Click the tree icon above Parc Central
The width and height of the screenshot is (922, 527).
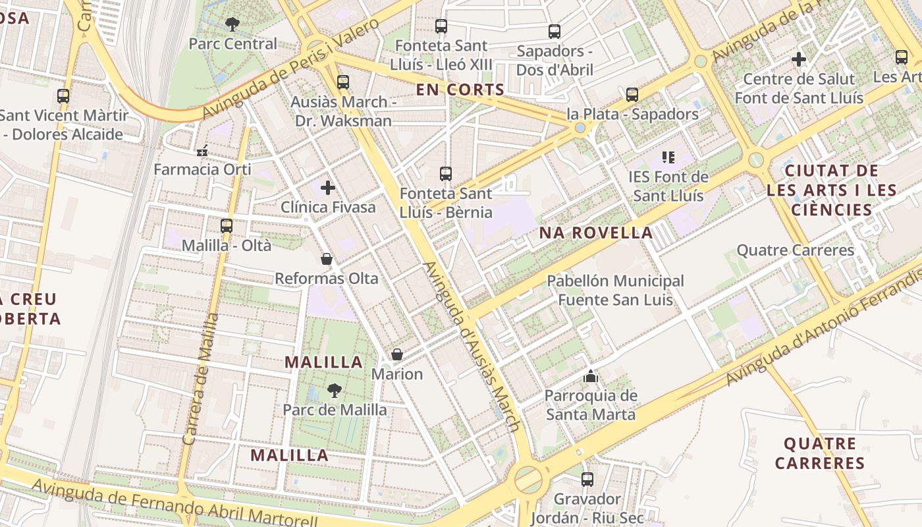pyautogui.click(x=232, y=24)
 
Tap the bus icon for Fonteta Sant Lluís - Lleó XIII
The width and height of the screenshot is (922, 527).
pyautogui.click(x=441, y=26)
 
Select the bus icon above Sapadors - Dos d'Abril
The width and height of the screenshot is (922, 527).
pyautogui.click(x=555, y=31)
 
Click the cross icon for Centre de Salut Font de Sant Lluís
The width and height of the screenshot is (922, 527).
pyautogui.click(x=799, y=59)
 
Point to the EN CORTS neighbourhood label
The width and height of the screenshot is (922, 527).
pyautogui.click(x=460, y=90)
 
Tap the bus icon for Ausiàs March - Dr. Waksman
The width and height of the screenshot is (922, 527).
pyautogui.click(x=342, y=82)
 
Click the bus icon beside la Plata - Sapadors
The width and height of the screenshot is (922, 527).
pyautogui.click(x=632, y=95)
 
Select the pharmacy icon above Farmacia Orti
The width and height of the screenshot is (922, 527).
pyautogui.click(x=202, y=151)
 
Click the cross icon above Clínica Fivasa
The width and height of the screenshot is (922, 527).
pyautogui.click(x=328, y=188)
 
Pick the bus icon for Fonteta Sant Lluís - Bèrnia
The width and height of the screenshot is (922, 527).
pyautogui.click(x=446, y=174)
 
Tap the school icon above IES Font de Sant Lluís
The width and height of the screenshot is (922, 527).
pyautogui.click(x=668, y=157)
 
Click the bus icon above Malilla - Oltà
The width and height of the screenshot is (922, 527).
pyautogui.click(x=227, y=226)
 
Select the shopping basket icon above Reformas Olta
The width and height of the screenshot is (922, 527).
pyautogui.click(x=327, y=260)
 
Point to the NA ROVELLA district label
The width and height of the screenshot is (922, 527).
pyautogui.click(x=596, y=233)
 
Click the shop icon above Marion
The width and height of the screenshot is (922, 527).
pyautogui.click(x=397, y=355)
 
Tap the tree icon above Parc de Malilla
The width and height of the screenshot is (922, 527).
pyautogui.click(x=335, y=390)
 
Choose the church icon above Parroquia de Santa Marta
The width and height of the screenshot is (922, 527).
pyautogui.click(x=591, y=377)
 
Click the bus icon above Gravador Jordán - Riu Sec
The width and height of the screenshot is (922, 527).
pyautogui.click(x=587, y=480)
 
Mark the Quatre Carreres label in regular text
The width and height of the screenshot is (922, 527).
pyautogui.click(x=795, y=250)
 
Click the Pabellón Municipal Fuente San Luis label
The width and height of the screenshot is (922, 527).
pyautogui.click(x=615, y=291)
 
